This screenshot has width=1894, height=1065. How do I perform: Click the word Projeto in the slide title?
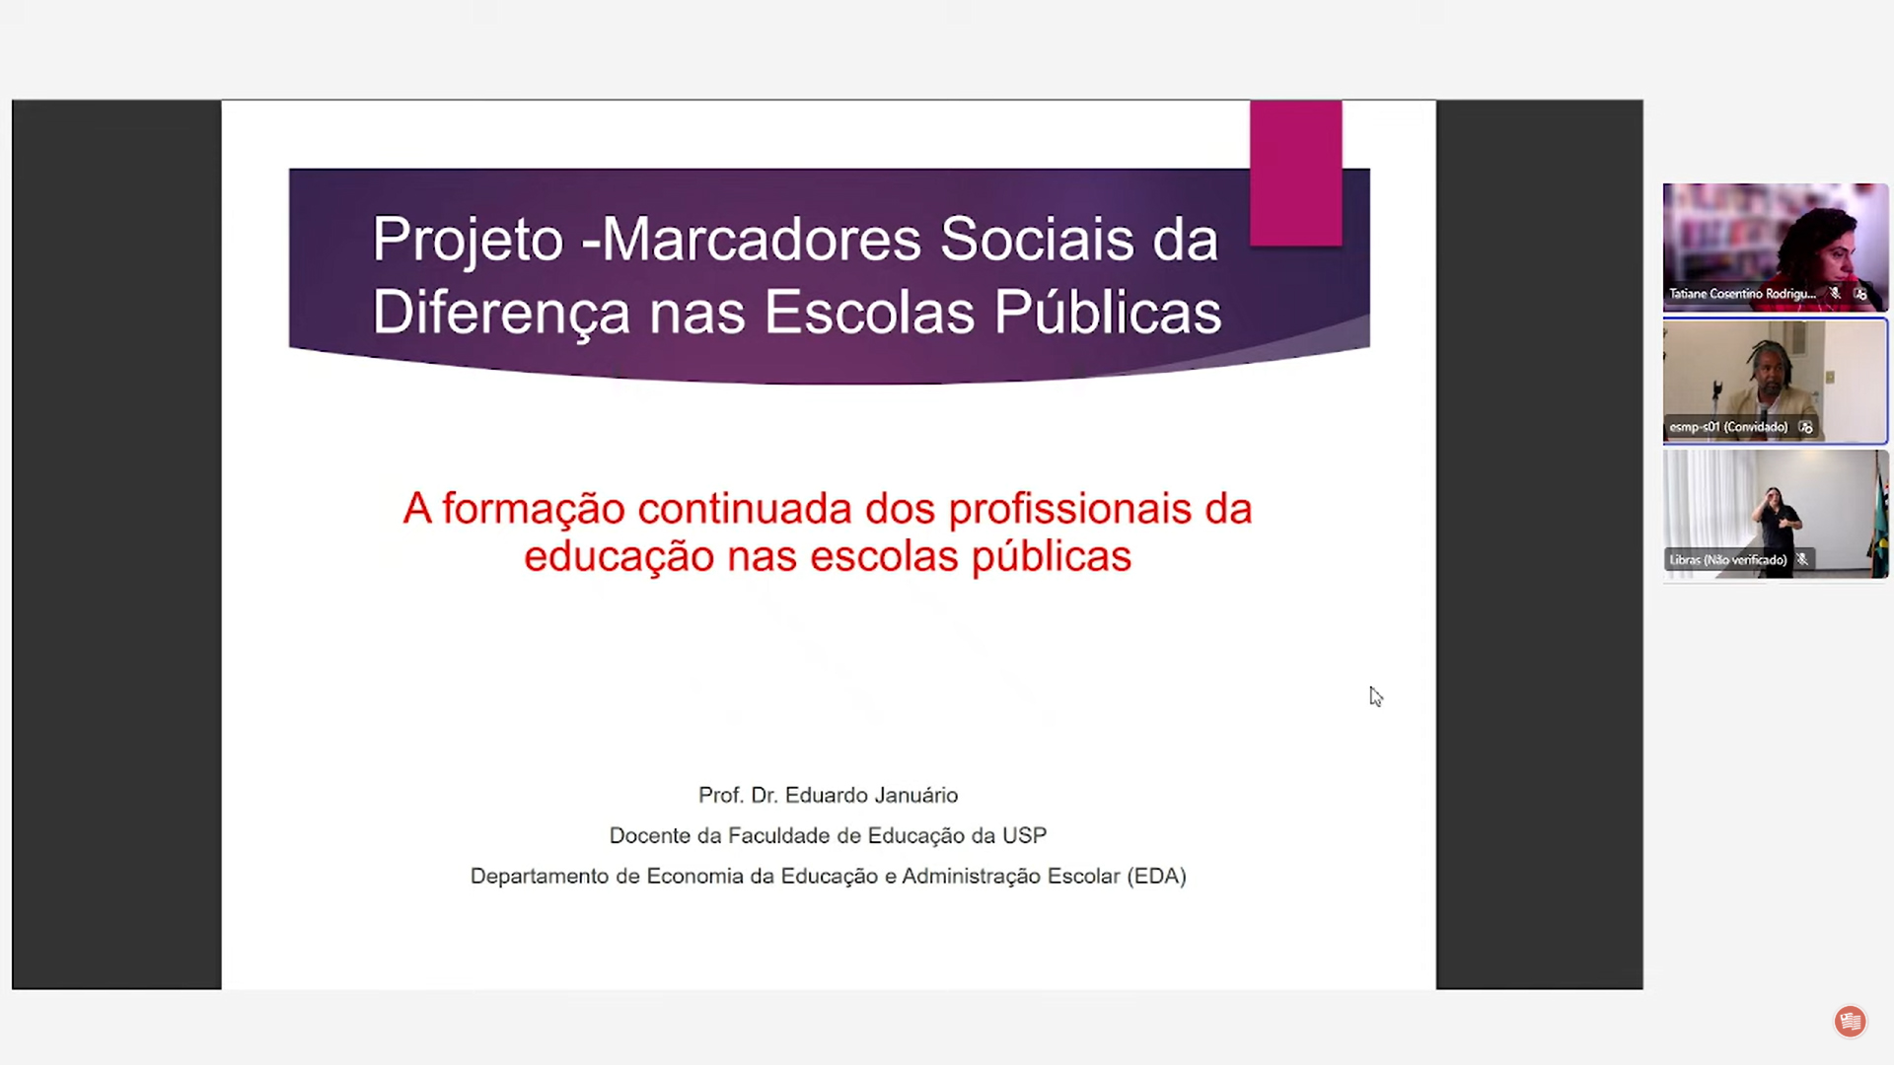[468, 242]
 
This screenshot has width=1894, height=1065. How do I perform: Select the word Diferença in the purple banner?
[501, 314]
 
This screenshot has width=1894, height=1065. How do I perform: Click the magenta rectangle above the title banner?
[1295, 173]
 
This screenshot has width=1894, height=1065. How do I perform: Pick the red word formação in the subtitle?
[547, 511]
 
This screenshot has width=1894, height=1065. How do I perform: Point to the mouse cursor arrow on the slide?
[1375, 696]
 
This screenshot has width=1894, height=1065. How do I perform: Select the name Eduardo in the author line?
[826, 795]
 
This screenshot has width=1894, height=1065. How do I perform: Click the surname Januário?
[915, 795]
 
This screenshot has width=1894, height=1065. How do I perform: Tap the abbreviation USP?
[1024, 835]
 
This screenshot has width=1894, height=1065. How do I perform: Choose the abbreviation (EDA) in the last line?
[1156, 876]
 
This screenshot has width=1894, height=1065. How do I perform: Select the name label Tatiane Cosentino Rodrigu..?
[1742, 294]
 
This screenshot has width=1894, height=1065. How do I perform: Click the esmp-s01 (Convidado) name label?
[1728, 427]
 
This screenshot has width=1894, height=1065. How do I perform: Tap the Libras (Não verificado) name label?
[1728, 560]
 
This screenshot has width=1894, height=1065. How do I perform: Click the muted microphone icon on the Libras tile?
[1802, 559]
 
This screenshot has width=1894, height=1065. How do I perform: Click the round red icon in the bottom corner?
[1850, 1022]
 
